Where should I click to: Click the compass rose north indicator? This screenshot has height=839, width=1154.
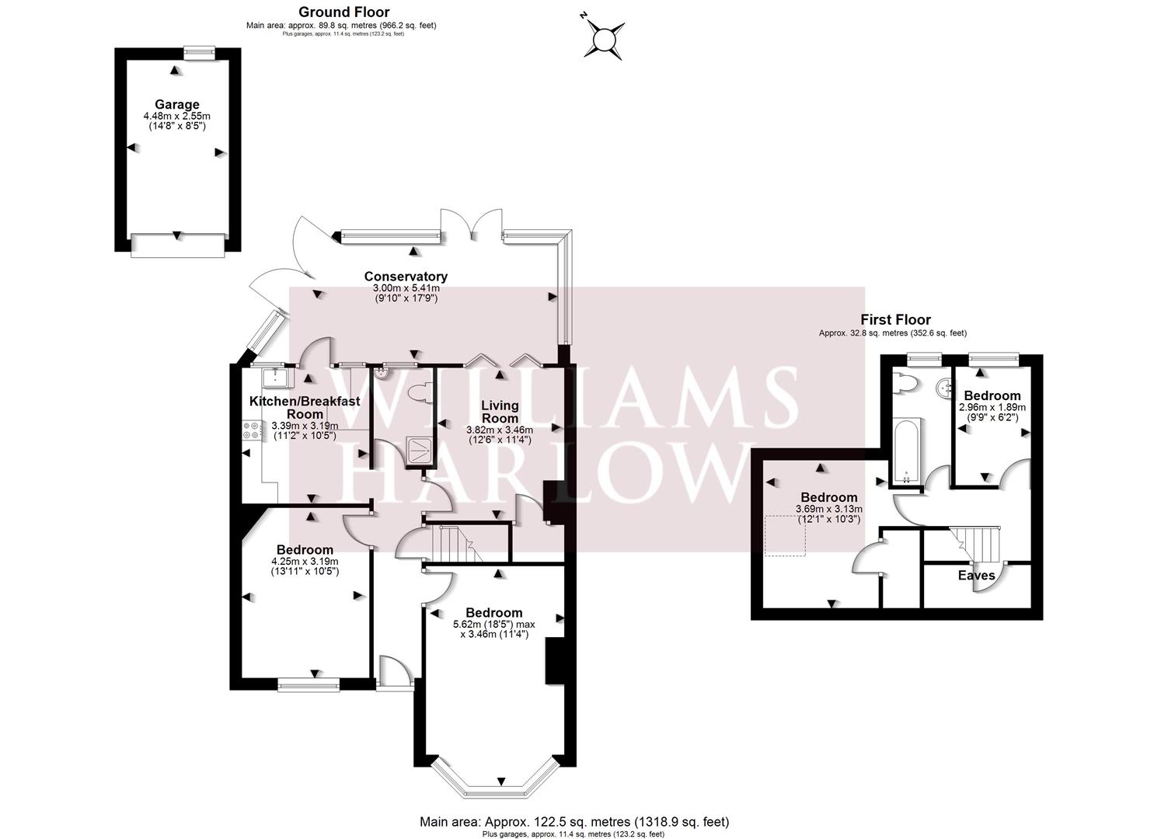[x=605, y=37]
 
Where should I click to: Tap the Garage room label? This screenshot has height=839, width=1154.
[x=176, y=104]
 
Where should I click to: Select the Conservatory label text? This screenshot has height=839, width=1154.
[x=405, y=277]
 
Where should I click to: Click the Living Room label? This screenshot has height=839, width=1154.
[x=499, y=411]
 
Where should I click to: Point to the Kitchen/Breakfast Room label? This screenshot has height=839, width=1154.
[x=304, y=407]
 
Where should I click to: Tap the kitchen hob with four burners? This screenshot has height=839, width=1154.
[x=252, y=430]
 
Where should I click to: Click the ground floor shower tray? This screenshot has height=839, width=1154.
[x=420, y=449]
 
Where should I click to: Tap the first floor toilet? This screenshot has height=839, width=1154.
[x=904, y=382]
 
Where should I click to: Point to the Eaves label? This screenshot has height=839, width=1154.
[x=976, y=576]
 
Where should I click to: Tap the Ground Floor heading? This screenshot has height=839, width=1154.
[x=343, y=12]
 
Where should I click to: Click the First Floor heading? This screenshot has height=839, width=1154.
[x=894, y=319]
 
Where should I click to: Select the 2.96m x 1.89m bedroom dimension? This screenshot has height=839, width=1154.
[x=992, y=407]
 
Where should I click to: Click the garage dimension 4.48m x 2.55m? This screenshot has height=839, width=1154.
[x=176, y=116]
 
